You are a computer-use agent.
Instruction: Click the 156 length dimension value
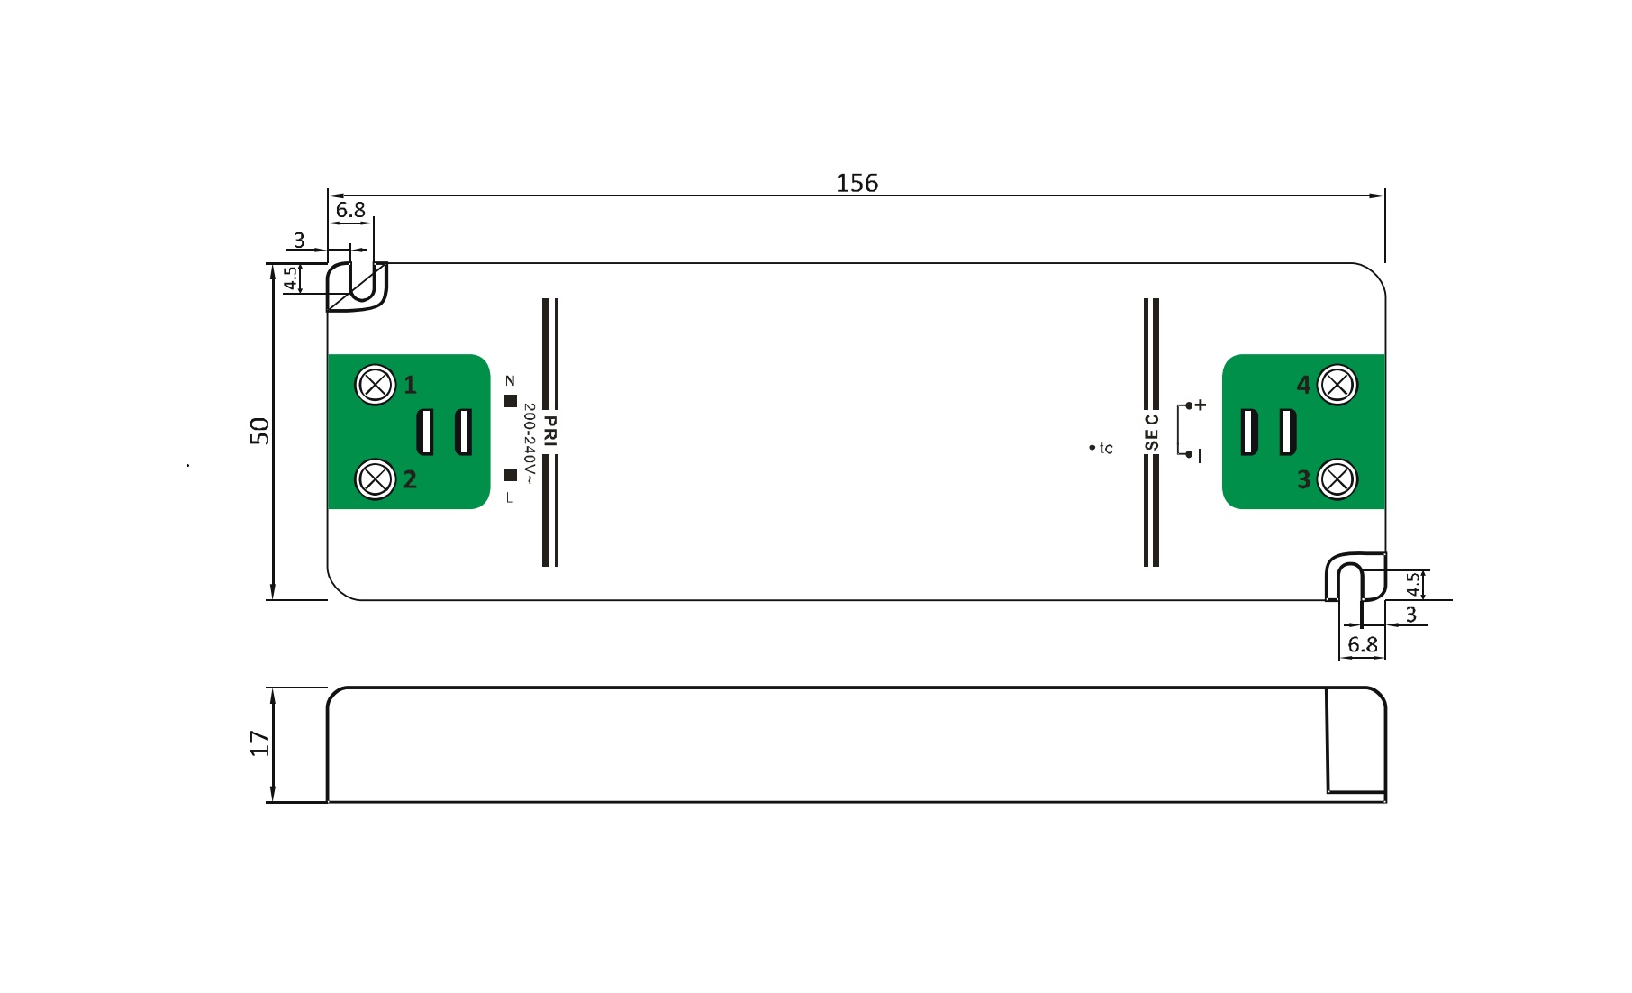(857, 183)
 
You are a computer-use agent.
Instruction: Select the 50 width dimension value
(259, 431)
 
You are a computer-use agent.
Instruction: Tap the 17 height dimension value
(259, 743)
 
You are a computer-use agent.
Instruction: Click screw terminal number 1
(376, 386)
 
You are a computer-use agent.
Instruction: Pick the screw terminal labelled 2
(376, 479)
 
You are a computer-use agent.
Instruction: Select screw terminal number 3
(1337, 479)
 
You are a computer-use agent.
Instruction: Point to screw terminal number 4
(1337, 386)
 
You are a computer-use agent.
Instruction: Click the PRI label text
(550, 431)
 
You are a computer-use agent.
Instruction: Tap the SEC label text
(1151, 432)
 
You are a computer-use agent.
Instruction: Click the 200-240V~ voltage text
(529, 443)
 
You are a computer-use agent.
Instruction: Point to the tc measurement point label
(1105, 448)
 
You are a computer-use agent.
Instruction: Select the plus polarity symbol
(1201, 405)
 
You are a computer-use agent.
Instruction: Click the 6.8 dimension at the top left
(350, 210)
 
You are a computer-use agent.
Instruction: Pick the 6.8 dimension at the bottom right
(1362, 645)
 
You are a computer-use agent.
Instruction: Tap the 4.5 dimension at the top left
(291, 278)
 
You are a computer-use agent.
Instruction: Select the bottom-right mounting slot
(1350, 582)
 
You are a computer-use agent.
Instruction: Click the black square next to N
(511, 401)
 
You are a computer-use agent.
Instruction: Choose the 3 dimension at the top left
(299, 241)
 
